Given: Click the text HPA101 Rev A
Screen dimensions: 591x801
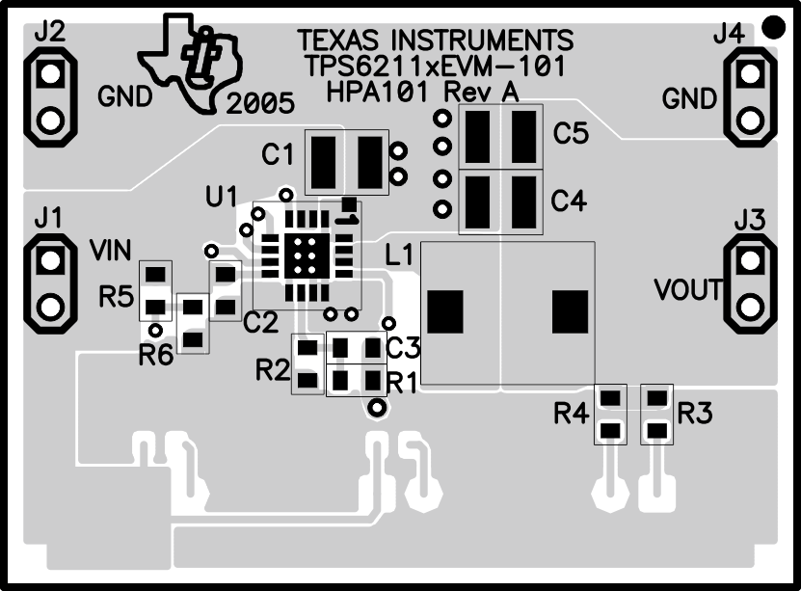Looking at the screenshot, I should click(422, 93).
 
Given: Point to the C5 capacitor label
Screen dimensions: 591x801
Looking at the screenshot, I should click(570, 134).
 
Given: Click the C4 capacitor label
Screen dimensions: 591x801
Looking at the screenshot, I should click(569, 201).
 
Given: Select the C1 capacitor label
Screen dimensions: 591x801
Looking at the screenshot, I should click(278, 153).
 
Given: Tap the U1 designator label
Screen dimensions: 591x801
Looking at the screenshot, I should click(222, 197).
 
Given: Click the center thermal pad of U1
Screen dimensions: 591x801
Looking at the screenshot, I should click(306, 253).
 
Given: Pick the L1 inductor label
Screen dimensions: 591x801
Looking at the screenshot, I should click(400, 255).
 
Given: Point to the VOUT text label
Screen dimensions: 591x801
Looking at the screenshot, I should click(687, 289).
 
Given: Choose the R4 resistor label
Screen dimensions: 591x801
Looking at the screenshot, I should click(571, 415).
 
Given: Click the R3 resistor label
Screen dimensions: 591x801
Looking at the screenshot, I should click(695, 415).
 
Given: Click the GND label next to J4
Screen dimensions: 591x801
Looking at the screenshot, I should click(689, 98).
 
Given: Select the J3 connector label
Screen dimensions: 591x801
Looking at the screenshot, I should click(749, 221).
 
